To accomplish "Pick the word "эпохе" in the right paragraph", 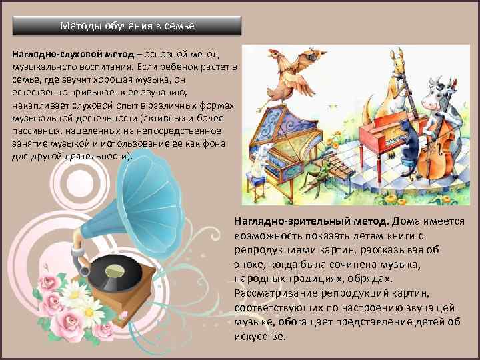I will [248, 265].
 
